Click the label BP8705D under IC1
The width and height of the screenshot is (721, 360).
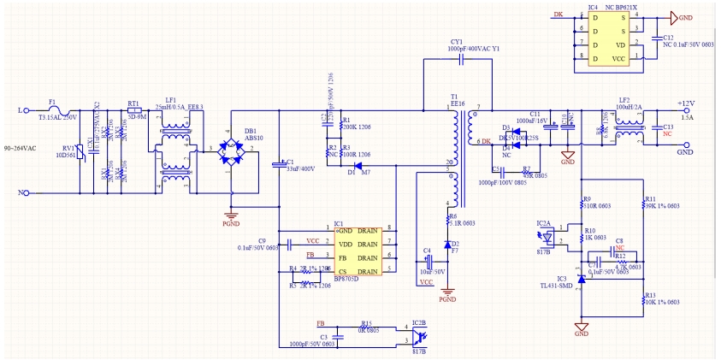click(346, 279)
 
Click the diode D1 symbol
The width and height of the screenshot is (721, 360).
click(359, 165)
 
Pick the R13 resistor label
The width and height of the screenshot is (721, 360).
click(650, 293)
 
